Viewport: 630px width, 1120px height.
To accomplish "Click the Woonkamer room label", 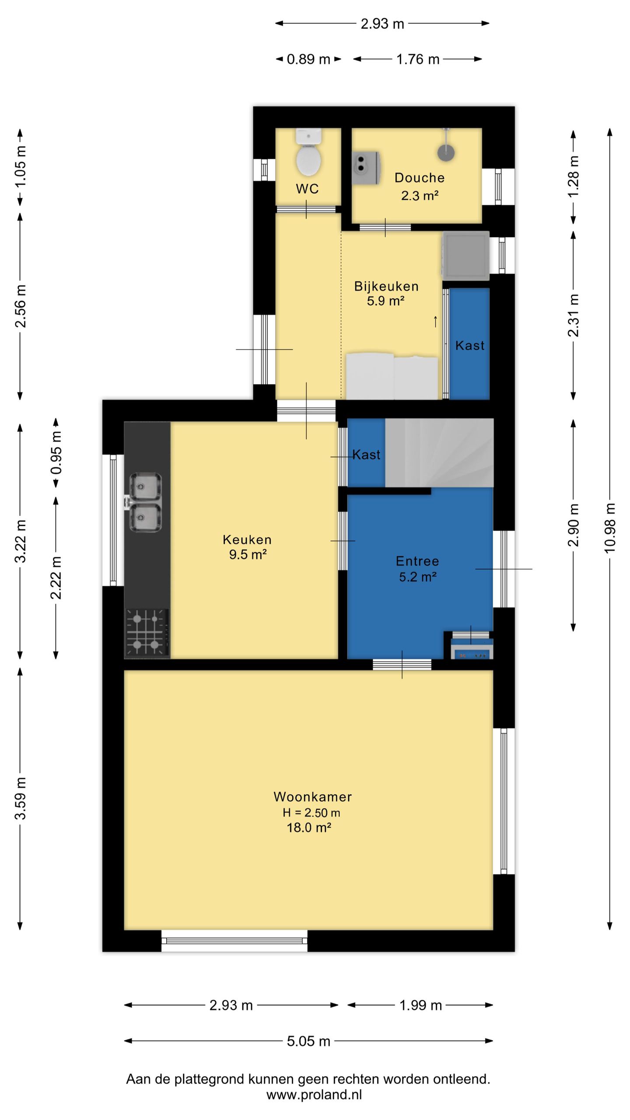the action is pos(313,797).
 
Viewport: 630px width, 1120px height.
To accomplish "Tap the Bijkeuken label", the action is pos(386,286).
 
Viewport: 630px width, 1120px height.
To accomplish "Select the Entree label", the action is pos(417,561).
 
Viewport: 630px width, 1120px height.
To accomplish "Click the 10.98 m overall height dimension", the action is pos(610,528).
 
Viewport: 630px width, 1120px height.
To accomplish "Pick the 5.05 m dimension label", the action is pos(308,1041).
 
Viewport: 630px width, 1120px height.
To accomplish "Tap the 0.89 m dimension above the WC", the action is pos(308,59).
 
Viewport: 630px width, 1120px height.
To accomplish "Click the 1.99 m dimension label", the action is pos(420,1005).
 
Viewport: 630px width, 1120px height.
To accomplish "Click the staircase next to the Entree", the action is pos(439,453).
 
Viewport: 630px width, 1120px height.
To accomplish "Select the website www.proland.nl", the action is pos(314,1095).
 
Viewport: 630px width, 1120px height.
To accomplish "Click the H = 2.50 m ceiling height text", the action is pos(311,812).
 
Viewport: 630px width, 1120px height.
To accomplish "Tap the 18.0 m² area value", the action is pos(308,827).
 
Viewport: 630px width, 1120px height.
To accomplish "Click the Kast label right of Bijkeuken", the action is pos(470,346).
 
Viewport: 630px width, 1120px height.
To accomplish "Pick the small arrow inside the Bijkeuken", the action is pos(435,322).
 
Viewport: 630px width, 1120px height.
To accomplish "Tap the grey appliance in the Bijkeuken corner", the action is pos(465,255).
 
